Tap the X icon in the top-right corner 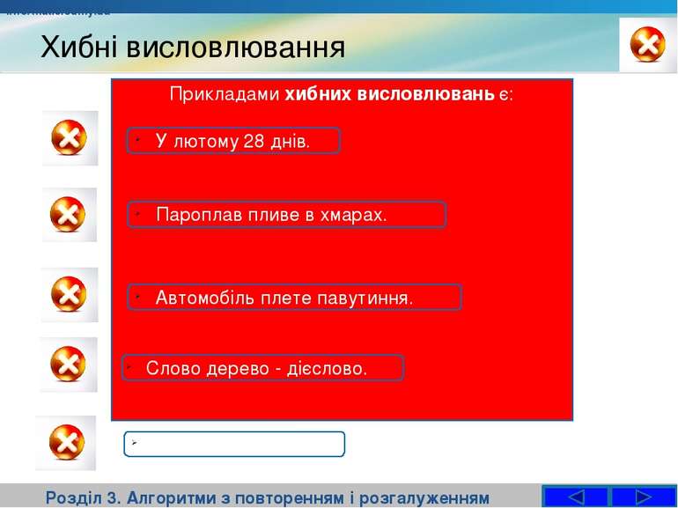click(648, 45)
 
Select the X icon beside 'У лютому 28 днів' click(70, 138)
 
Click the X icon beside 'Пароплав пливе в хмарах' click(70, 214)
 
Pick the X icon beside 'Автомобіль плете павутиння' click(70, 294)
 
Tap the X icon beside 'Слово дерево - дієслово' click(68, 364)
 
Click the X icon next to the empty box click(66, 442)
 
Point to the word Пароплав click(192, 215)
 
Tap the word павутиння click(369, 298)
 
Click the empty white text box click(234, 445)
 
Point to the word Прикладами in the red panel click(225, 94)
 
